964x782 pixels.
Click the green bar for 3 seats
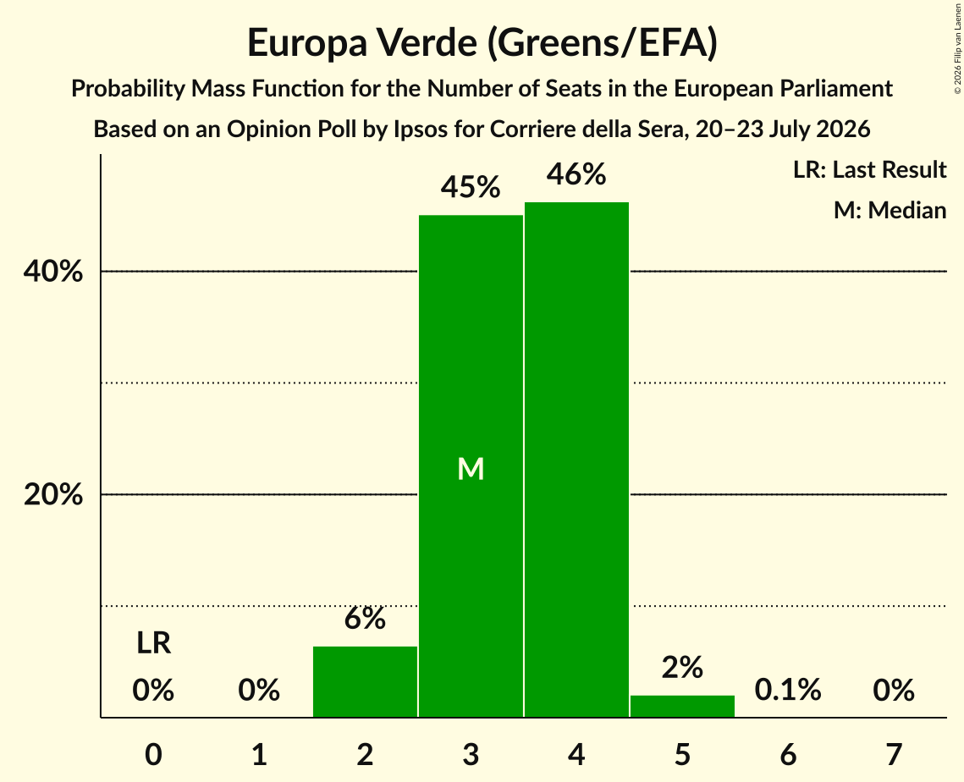[x=471, y=466]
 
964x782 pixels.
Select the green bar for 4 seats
[x=576, y=460]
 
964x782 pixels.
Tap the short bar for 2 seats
[x=365, y=682]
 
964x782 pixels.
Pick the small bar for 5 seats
[x=682, y=707]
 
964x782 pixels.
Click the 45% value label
[x=471, y=187]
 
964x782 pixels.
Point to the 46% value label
[x=576, y=174]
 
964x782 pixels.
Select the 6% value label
[x=365, y=619]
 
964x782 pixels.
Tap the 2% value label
[x=682, y=668]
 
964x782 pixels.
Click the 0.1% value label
[x=788, y=691]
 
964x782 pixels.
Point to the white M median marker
[x=471, y=469]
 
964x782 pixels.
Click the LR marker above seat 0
[x=154, y=643]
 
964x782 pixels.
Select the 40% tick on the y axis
[x=52, y=271]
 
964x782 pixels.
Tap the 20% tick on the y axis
[x=52, y=494]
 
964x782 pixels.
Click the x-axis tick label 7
[x=894, y=754]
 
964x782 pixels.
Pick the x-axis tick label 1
[x=260, y=754]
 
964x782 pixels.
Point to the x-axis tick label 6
[x=788, y=754]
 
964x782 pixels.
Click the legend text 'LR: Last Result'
[x=870, y=169]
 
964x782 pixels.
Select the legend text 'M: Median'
[x=890, y=210]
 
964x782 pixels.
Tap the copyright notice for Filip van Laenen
[x=958, y=48]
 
